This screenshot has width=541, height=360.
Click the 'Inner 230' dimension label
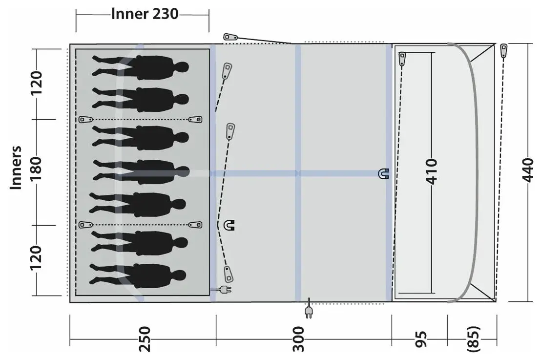pyautogui.click(x=145, y=14)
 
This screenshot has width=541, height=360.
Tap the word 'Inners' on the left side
pyautogui.click(x=16, y=168)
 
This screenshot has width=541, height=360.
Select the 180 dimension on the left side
pyautogui.click(x=36, y=169)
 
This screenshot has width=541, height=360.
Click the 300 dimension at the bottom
pyautogui.click(x=298, y=339)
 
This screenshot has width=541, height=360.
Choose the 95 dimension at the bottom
pyautogui.click(x=421, y=339)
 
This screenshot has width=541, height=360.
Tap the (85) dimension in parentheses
pyautogui.click(x=473, y=339)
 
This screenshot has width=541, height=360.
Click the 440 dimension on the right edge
pyautogui.click(x=528, y=170)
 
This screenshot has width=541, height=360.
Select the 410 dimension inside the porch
pyautogui.click(x=431, y=171)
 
